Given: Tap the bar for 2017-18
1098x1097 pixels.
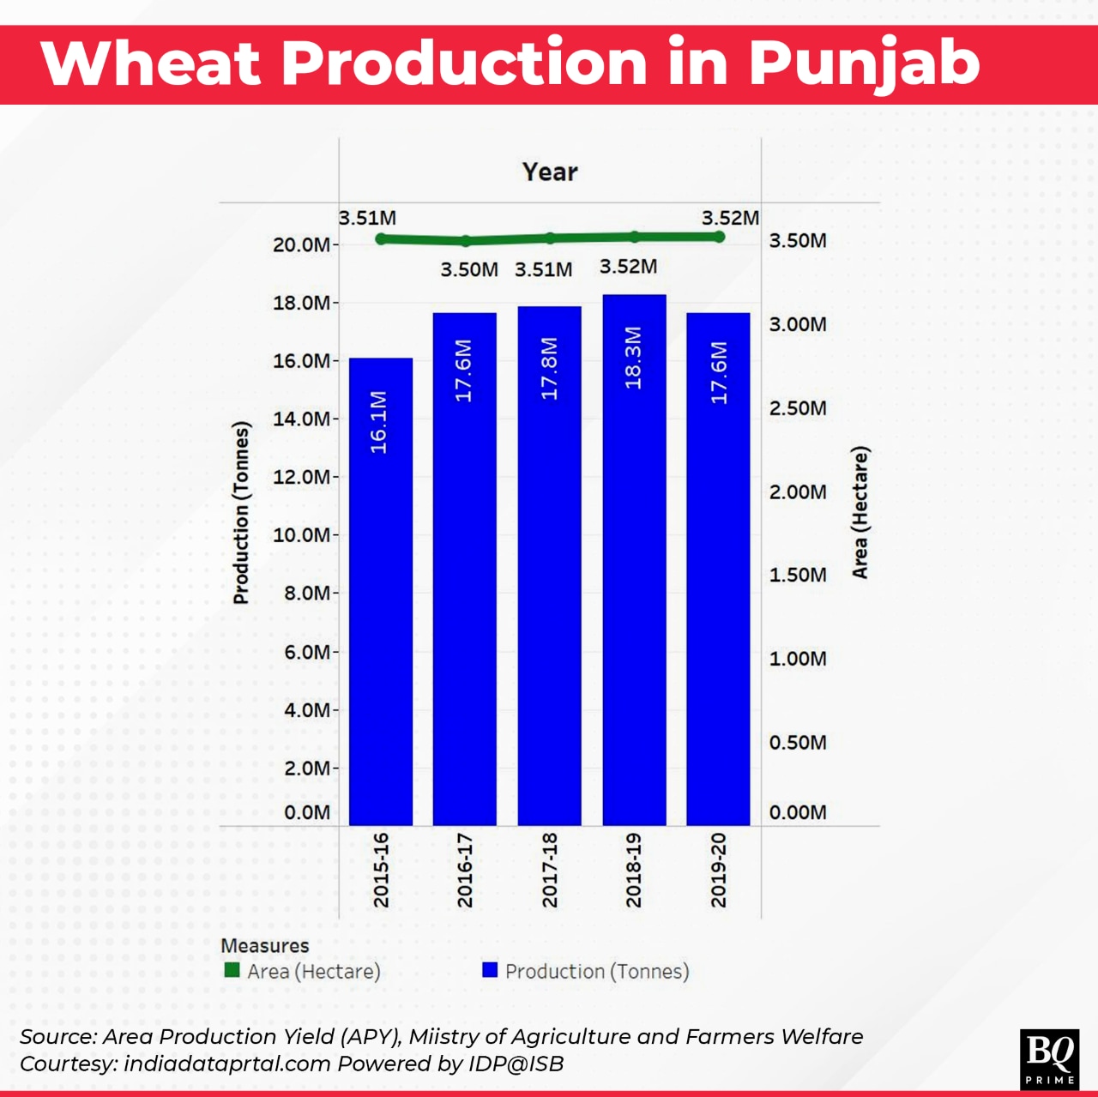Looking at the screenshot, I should click(x=549, y=566).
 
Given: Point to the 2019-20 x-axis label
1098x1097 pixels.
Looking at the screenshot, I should click(x=719, y=869).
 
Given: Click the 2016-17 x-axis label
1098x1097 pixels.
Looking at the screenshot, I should click(x=465, y=869).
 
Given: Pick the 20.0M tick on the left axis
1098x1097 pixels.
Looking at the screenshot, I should click(x=301, y=244).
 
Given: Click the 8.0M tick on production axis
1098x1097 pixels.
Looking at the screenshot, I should click(x=307, y=594).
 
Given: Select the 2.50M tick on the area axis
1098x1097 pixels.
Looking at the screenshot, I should click(x=798, y=408).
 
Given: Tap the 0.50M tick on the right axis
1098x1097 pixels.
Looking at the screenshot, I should click(x=798, y=743).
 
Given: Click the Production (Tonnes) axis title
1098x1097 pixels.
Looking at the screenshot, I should click(x=242, y=513).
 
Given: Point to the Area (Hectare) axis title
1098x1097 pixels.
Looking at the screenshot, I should click(x=860, y=513).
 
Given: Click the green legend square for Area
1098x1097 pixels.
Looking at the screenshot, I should click(x=232, y=970).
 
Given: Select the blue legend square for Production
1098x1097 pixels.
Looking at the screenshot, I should click(x=491, y=970).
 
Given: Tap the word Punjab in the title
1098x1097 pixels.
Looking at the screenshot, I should click(x=864, y=63).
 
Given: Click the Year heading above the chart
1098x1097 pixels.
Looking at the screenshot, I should click(x=550, y=172).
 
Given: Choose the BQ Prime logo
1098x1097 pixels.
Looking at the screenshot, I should click(x=1050, y=1058).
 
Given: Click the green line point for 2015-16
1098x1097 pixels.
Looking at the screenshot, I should click(x=382, y=238).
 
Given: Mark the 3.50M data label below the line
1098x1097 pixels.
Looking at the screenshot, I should click(x=468, y=269).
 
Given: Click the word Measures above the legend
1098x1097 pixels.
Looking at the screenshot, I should click(x=264, y=945).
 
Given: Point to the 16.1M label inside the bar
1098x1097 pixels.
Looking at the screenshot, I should click(x=379, y=421).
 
